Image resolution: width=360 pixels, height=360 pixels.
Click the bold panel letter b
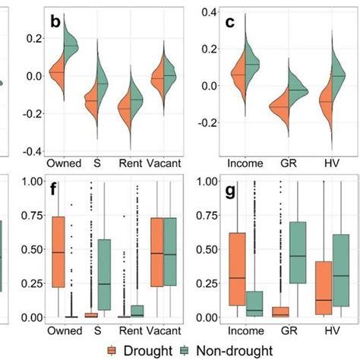[55, 23]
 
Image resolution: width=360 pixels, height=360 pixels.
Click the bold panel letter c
[230, 23]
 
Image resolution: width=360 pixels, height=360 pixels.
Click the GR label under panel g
[288, 331]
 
